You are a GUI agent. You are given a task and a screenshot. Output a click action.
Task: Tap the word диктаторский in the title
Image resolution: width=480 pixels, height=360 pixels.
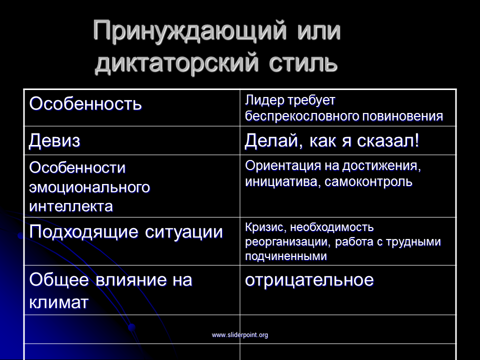tap(176, 63)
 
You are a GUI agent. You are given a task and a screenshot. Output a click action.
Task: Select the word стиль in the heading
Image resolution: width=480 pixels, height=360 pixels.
tap(303, 63)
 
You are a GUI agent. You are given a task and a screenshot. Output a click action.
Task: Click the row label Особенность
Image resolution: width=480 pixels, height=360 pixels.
tap(85, 103)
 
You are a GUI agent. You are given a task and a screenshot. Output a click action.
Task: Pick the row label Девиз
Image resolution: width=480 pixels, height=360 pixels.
tap(54, 141)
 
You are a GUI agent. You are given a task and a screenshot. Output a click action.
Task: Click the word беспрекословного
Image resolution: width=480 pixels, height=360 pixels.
tap(302, 116)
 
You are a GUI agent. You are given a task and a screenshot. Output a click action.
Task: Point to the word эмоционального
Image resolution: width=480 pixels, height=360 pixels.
tap(89, 187)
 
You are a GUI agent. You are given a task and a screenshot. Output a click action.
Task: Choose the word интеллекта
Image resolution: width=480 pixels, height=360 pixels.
tap(71, 206)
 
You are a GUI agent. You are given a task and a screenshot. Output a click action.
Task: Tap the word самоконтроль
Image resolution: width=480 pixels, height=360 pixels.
tap(368, 182)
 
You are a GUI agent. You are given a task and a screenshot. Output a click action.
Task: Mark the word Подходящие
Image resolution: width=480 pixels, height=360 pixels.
tap(83, 232)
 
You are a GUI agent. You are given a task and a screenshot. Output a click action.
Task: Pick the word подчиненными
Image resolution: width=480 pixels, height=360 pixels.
tap(286, 256)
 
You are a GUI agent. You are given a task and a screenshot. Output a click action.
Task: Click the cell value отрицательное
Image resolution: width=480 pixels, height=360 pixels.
tap(309, 280)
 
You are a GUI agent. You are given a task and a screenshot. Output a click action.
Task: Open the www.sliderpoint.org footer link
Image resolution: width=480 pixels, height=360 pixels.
tap(239, 335)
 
